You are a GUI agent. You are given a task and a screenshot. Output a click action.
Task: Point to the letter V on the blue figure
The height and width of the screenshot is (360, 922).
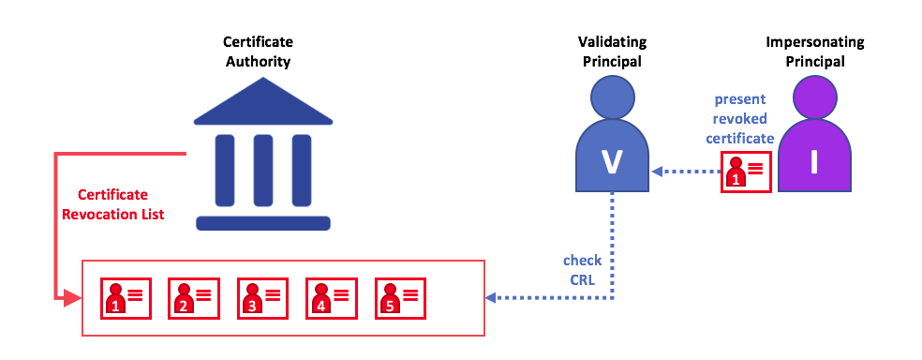coord(612,161)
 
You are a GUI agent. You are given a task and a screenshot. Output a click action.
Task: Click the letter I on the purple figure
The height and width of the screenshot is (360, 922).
coord(813,161)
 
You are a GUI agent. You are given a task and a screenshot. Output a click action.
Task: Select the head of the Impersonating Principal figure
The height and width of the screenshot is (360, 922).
coord(813,97)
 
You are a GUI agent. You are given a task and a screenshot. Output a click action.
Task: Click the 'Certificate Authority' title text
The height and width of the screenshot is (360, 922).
coord(257,52)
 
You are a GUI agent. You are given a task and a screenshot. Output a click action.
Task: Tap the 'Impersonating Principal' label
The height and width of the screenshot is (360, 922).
coord(813,52)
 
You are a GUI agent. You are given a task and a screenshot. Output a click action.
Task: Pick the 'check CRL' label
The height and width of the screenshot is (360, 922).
coord(582,268)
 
